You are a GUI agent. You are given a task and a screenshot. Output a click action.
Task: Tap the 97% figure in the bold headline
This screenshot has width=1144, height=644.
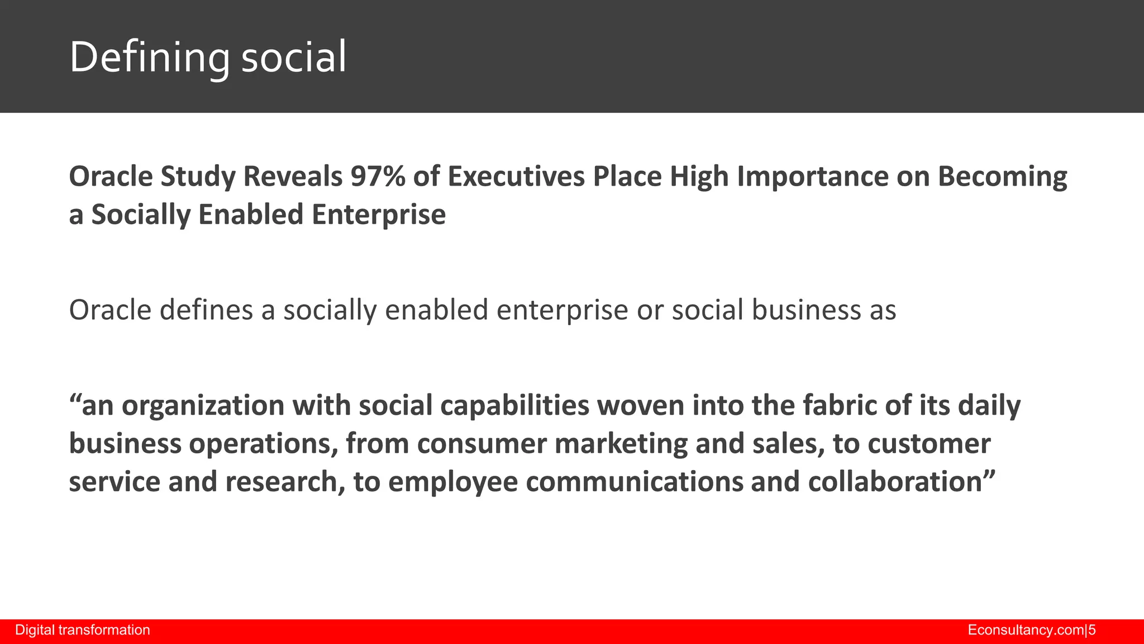(378, 177)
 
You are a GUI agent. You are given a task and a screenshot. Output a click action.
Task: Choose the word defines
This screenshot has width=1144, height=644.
(206, 310)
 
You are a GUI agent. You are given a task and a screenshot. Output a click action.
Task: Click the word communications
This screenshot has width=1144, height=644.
(634, 482)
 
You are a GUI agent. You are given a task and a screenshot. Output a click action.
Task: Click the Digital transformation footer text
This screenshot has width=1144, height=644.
(83, 630)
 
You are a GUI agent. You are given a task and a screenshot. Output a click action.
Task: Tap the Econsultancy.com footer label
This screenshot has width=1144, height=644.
(1026, 630)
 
